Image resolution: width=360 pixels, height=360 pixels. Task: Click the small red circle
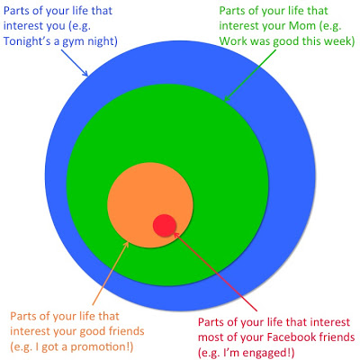[164, 226]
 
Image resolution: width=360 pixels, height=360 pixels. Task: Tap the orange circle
[150, 205]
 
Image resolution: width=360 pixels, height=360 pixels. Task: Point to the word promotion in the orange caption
[99, 347]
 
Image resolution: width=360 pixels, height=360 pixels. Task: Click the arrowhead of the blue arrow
[85, 73]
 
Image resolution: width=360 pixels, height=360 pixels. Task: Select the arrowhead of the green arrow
[227, 97]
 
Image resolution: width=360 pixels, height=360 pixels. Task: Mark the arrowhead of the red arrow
[176, 235]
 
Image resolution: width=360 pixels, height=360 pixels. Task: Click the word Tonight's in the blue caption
[27, 41]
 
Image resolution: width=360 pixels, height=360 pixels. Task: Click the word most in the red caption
[211, 337]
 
